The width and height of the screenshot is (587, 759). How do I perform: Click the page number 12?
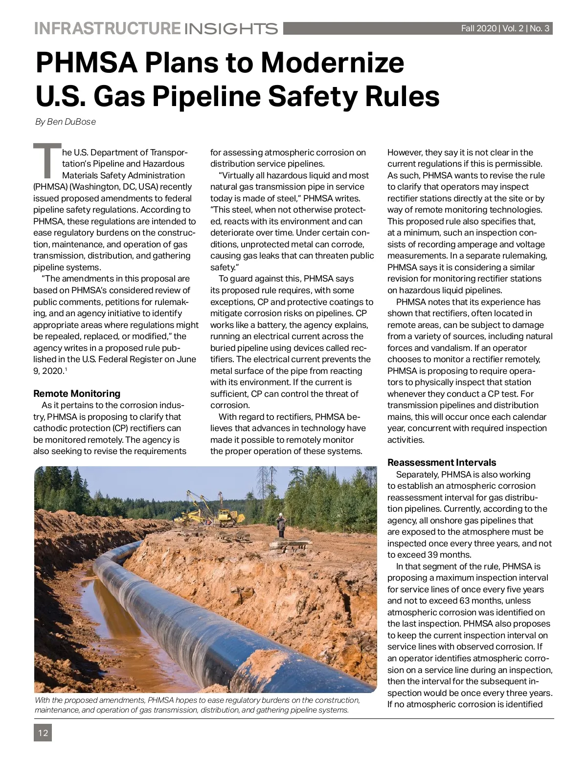pos(43,733)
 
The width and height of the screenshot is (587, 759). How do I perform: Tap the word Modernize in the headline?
pos(332,63)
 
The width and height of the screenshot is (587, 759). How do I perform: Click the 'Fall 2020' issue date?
pos(478,28)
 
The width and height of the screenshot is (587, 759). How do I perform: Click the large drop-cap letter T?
pos(47,161)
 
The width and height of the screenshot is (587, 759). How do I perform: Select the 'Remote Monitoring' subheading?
pos(77,393)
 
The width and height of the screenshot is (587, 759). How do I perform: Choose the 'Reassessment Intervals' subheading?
pos(442,462)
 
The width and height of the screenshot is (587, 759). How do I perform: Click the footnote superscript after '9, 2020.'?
pos(66,369)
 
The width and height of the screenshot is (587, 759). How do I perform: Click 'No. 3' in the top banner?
pos(540,28)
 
